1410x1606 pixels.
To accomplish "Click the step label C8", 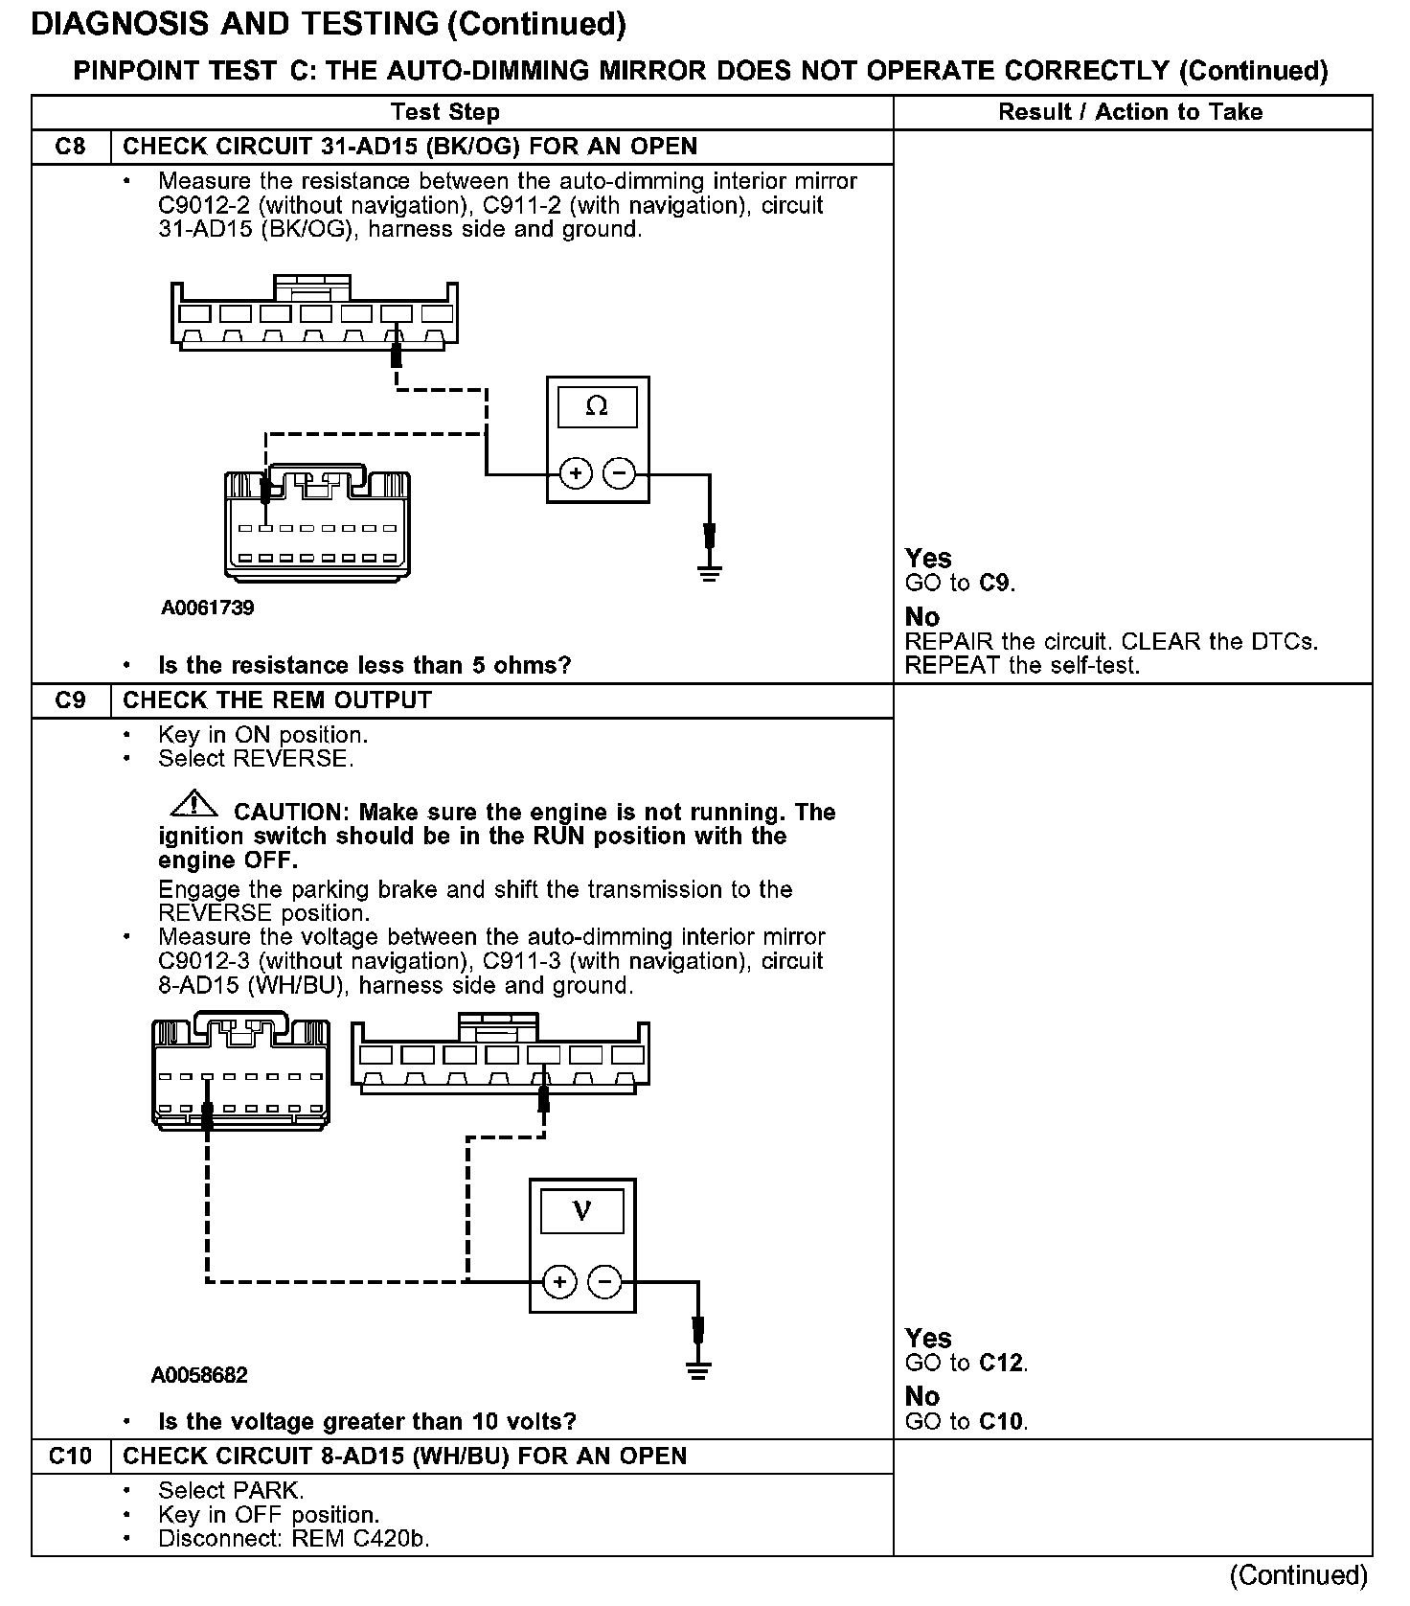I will (70, 147).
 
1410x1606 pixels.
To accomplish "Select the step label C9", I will (70, 700).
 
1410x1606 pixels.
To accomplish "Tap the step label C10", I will (70, 1457).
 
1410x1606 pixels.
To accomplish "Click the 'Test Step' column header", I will (445, 112).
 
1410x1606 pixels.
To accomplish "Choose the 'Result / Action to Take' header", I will (1130, 112).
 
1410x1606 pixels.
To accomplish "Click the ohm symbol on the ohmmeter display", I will (596, 407).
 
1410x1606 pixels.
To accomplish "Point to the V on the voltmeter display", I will (581, 1212).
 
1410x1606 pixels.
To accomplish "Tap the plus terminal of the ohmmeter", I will (576, 473).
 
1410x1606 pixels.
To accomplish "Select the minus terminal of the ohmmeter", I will (621, 473).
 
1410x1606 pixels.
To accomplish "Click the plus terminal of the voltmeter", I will (559, 1281).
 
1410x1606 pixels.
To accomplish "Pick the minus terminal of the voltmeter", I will (604, 1281).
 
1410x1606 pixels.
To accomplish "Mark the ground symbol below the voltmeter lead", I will (698, 1370).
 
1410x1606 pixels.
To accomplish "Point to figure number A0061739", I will (207, 608).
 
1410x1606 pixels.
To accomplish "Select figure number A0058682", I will (199, 1375).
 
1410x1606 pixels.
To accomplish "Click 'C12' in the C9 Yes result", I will (1002, 1363).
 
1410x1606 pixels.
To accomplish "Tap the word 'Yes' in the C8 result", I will (928, 559).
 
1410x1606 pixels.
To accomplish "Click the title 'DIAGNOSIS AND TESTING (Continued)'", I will (329, 25).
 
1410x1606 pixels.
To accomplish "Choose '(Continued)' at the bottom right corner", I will (1299, 1575).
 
